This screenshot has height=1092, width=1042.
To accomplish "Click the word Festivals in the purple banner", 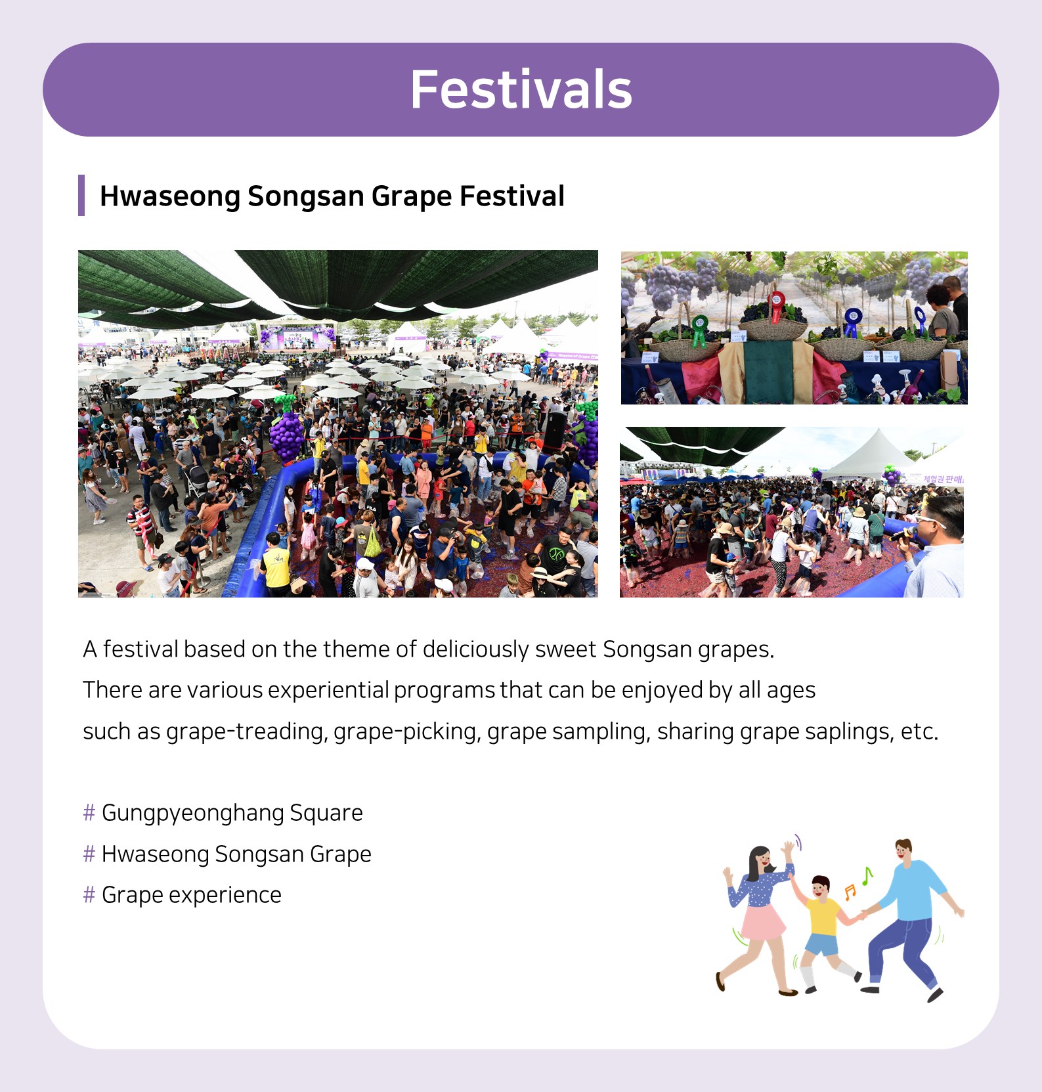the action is tap(521, 90).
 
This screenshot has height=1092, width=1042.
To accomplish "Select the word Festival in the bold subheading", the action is tap(511, 196).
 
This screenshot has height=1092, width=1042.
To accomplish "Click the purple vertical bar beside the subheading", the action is tap(81, 195).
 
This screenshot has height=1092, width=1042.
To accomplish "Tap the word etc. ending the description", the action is tap(919, 732).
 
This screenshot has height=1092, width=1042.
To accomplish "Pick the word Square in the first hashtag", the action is tap(326, 814).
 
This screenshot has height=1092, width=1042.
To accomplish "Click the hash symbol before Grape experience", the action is tap(89, 895).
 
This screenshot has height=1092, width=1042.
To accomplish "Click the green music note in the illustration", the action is tap(867, 875).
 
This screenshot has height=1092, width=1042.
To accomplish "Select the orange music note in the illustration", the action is tap(850, 892).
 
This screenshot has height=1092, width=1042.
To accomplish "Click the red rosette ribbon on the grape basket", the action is tap(777, 304).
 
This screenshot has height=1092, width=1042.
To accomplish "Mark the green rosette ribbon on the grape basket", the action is tap(699, 328).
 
